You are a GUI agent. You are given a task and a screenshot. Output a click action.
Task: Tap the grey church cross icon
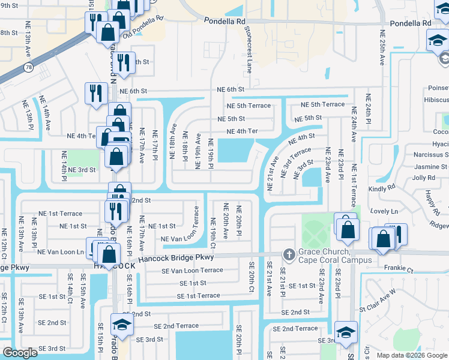tap(289, 255)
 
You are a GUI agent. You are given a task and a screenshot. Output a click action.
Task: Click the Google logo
tap(20, 353)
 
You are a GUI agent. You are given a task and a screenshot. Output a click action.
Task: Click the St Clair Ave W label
tap(378, 300)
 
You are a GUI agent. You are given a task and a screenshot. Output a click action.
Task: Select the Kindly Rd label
tap(384, 188)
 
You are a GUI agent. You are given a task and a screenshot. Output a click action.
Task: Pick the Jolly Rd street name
tap(423, 178)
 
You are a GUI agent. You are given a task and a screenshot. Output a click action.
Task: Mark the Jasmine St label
tap(430, 167)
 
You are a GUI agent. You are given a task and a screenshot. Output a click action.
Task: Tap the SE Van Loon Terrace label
tap(192, 270)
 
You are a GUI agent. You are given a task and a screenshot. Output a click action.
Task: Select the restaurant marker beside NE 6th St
tap(96, 93)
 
